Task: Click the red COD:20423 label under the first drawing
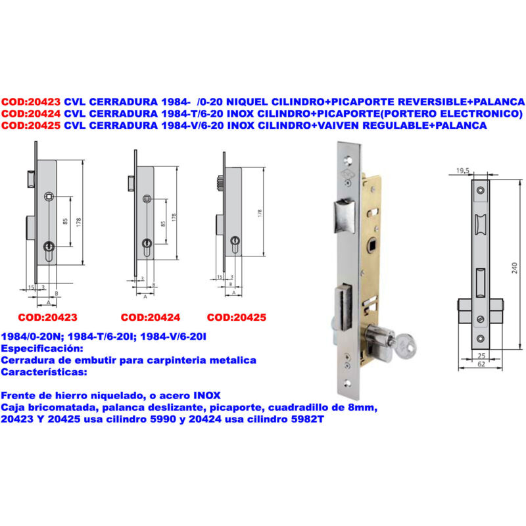(x=47, y=318)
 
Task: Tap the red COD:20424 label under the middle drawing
(x=151, y=318)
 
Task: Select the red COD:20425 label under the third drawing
(x=237, y=318)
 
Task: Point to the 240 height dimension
(x=515, y=268)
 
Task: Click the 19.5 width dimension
(x=463, y=171)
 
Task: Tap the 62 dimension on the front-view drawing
(x=481, y=364)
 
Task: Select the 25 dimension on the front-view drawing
(x=481, y=356)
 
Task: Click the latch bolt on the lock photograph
(x=345, y=216)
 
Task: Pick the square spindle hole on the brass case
(x=372, y=245)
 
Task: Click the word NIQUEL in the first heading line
(x=247, y=102)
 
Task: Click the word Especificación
(x=42, y=348)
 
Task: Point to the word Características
(x=44, y=372)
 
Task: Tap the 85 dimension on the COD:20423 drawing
(x=65, y=222)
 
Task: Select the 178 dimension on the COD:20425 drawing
(x=260, y=213)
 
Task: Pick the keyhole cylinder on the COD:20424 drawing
(x=147, y=247)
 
